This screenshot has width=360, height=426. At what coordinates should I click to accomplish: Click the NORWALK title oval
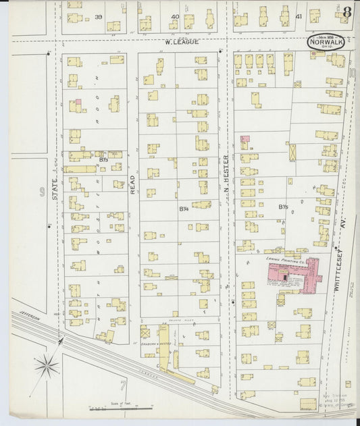tap(323, 41)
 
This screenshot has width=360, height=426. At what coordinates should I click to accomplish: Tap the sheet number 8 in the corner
tap(346, 11)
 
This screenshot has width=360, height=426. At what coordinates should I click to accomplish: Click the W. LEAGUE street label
tap(182, 42)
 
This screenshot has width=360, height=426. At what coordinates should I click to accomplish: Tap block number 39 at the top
tap(99, 16)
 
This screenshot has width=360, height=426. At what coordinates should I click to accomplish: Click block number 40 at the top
tap(175, 16)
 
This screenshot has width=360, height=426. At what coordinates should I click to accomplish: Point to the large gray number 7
tap(122, 386)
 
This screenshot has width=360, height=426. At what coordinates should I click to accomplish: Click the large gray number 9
tap(41, 196)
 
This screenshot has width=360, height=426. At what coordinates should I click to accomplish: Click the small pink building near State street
tap(78, 103)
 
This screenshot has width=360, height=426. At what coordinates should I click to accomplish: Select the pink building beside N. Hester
tap(244, 140)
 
